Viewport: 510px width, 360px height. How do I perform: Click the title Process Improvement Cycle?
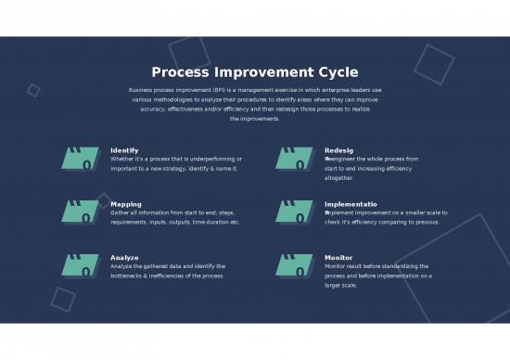point(254,72)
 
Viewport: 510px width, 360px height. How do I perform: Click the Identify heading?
point(124,149)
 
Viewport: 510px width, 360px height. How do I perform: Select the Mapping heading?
point(125,203)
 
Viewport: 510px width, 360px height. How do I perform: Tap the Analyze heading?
point(124,257)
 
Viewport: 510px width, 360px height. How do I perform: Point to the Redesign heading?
point(338,149)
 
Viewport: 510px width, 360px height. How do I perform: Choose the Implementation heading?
point(351,203)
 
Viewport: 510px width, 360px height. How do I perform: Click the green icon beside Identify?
point(80,159)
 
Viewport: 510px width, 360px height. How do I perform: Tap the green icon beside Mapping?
point(80,212)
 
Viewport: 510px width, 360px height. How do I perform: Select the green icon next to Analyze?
point(80,266)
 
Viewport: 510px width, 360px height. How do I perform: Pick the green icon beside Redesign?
point(295,159)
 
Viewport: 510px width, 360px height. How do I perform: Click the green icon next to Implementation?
point(295,212)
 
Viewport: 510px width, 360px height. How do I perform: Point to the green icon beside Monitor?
point(295,266)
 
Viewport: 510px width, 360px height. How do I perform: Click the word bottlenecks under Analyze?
point(129,276)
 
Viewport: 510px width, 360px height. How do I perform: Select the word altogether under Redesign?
point(339,177)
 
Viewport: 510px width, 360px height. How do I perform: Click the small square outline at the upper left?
point(33,90)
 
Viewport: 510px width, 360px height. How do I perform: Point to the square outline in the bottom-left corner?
point(63,298)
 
